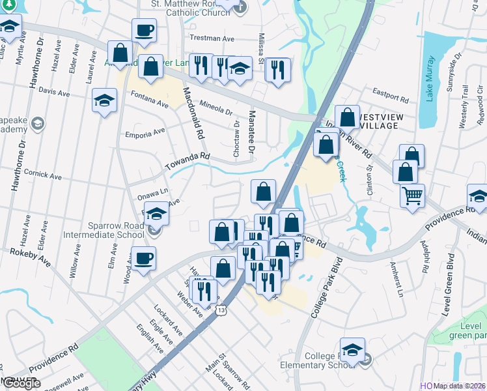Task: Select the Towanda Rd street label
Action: click(x=188, y=158)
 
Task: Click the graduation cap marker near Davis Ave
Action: click(x=104, y=101)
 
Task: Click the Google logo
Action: click(x=21, y=383)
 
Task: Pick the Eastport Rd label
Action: click(x=390, y=96)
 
